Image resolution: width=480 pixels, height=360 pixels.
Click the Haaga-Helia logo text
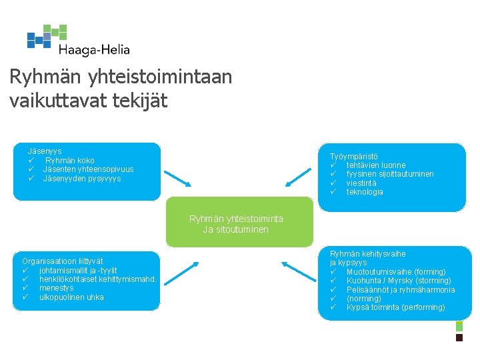coord(94,49)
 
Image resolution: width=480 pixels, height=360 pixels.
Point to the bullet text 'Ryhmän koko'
coord(70,161)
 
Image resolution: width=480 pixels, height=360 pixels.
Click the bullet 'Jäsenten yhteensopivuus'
coord(88,169)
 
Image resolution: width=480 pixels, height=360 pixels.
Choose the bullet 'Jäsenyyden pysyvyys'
coord(82,179)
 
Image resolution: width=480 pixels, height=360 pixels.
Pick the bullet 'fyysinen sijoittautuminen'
coord(390,174)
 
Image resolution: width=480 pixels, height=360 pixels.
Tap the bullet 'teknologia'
coord(365,192)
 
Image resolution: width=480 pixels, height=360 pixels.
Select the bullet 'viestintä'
coord(361,183)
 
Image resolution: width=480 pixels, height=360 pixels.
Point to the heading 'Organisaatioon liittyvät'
coord(63,261)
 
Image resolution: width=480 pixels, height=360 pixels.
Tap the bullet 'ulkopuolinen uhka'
coord(71,297)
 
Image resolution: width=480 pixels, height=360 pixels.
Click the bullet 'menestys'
coord(56,288)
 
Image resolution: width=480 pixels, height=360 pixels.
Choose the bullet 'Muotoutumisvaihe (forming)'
coord(396,272)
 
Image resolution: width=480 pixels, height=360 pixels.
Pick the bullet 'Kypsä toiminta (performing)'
coord(395,307)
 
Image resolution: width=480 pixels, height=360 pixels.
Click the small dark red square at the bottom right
coord(459,338)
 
